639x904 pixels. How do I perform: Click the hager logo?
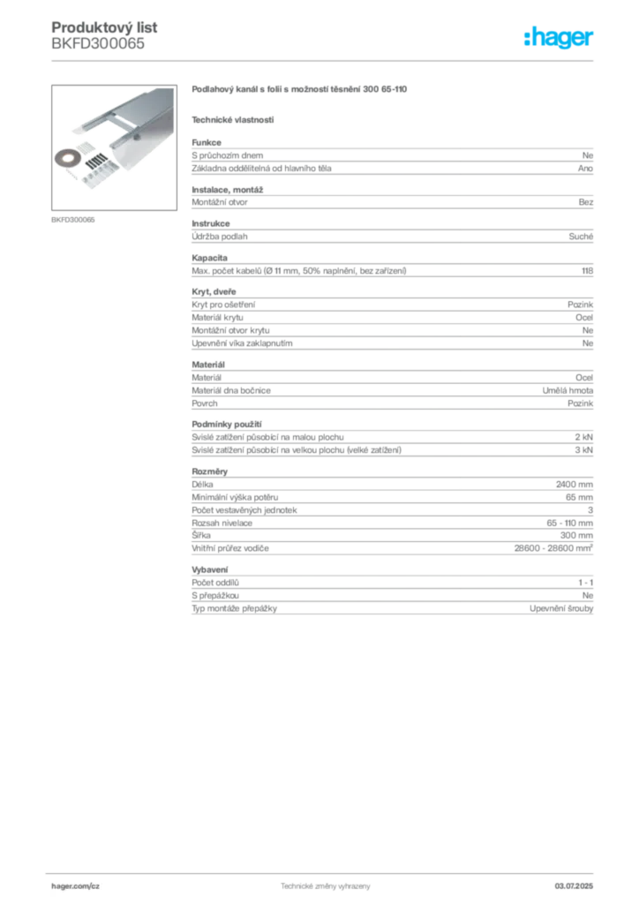(x=559, y=37)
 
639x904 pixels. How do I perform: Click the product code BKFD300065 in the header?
(x=98, y=44)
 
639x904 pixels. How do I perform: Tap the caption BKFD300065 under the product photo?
(x=73, y=220)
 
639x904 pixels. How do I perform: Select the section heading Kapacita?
(x=210, y=258)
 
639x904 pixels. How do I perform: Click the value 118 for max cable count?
(x=587, y=270)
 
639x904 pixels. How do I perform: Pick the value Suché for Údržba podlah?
(x=581, y=237)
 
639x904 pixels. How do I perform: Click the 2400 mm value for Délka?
(x=575, y=485)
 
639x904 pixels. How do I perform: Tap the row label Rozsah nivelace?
(x=222, y=523)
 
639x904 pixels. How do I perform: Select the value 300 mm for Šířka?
(x=576, y=535)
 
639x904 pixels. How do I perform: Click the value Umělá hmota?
(x=568, y=390)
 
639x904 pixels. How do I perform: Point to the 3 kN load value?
(x=583, y=449)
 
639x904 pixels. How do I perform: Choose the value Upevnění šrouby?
(x=561, y=608)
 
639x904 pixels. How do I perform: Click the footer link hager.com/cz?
(x=76, y=886)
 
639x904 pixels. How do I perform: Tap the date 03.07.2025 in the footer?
(x=574, y=886)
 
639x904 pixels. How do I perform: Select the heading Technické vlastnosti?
(x=233, y=120)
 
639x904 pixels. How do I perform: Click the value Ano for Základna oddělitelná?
(x=585, y=169)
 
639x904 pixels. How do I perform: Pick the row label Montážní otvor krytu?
(x=230, y=330)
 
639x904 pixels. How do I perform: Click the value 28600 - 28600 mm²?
(x=553, y=548)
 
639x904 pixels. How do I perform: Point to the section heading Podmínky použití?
(x=227, y=425)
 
